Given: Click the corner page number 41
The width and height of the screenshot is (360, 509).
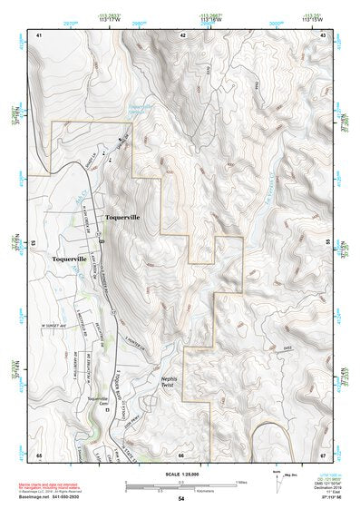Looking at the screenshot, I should [39, 34].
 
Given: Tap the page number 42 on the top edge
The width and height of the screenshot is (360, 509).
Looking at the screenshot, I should [182, 34].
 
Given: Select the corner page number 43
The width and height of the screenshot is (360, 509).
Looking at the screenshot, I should [323, 34].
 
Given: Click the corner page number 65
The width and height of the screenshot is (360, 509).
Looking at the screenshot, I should [39, 454].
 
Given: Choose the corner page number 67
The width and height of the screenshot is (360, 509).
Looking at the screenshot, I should [323, 454].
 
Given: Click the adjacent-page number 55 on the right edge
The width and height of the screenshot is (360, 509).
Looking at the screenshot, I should [327, 243].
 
